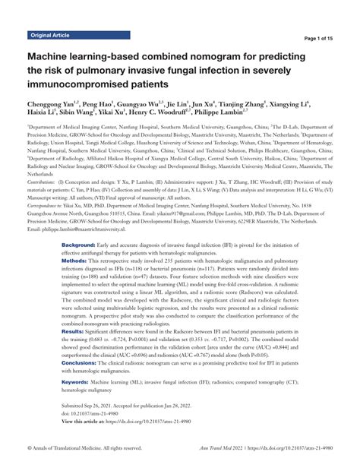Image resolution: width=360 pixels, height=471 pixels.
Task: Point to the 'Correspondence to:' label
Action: [x=51, y=205]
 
